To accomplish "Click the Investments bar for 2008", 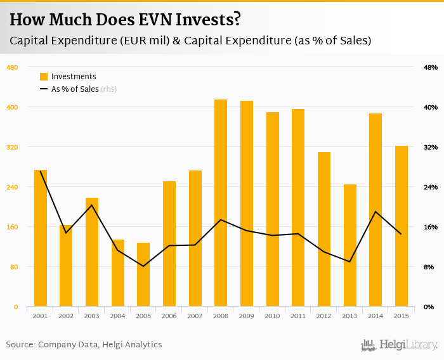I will coord(221,203).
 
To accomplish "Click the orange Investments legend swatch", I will coord(44,77).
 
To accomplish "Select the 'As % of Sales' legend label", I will coord(75,89).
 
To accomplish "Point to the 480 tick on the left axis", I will coord(12,67).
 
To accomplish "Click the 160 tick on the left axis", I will coord(12,227).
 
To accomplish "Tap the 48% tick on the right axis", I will coord(431,67).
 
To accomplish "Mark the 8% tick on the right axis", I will coord(429,267).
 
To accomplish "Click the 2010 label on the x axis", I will coord(273,316).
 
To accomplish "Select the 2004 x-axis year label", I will coord(118,316).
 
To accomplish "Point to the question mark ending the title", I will coord(237,20).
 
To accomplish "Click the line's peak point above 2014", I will coord(375,212).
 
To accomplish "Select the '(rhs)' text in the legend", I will coord(109,89).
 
